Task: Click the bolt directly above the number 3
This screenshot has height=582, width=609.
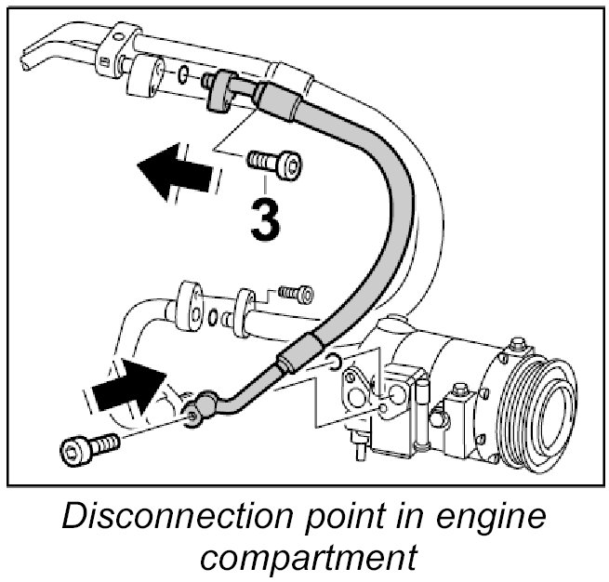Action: point(274,165)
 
